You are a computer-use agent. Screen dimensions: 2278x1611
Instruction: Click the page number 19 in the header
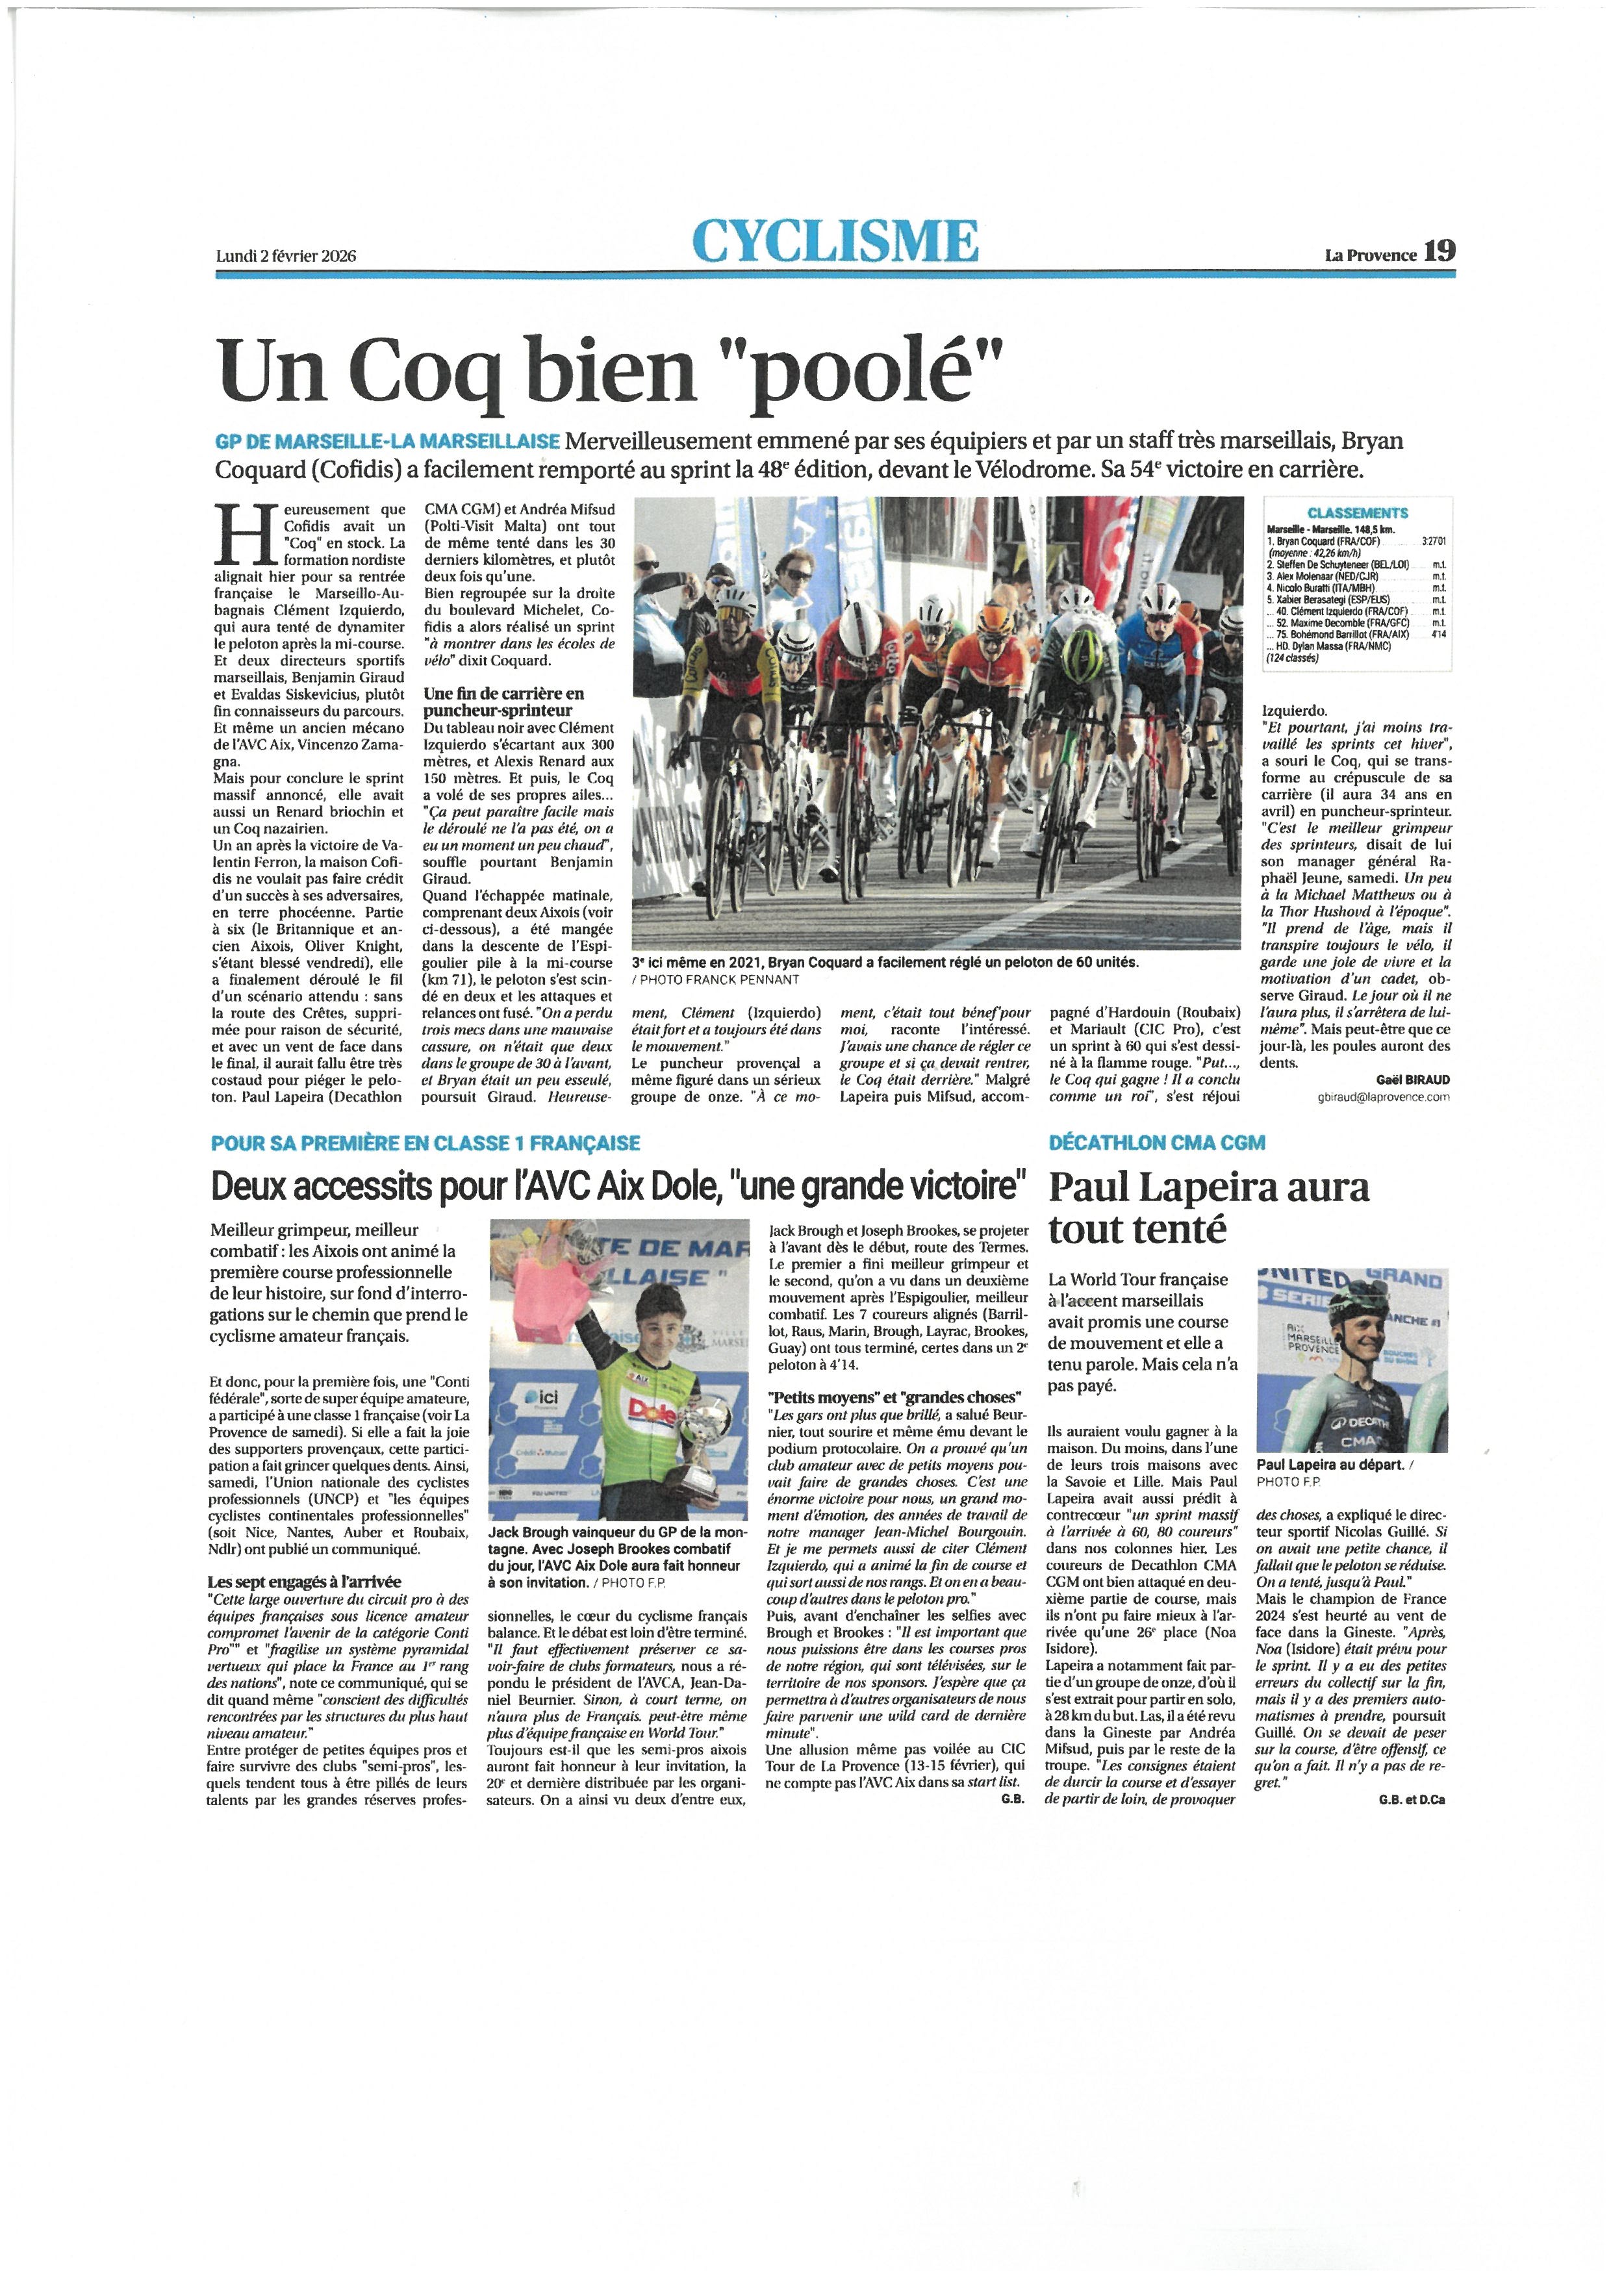pos(1440,252)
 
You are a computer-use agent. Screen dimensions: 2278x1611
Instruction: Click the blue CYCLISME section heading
pos(835,241)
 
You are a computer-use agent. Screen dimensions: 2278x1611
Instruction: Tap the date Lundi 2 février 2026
pos(286,256)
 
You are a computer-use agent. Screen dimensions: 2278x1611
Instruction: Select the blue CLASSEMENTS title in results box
pos(1357,513)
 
